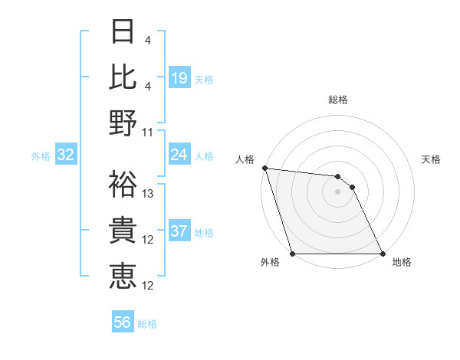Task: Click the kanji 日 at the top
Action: tap(122, 33)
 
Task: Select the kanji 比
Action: tap(122, 77)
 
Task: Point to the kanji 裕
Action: tap(122, 184)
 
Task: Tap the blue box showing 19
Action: tap(179, 78)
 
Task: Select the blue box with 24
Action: tap(179, 155)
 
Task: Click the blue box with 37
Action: tap(179, 232)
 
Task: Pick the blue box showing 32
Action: tap(65, 155)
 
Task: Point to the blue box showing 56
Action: tap(123, 322)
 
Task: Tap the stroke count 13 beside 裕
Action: tap(149, 194)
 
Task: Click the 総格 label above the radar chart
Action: tap(338, 100)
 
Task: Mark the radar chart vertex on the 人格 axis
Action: tap(264, 168)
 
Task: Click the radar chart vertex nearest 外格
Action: tap(292, 254)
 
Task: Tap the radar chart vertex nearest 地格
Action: tap(383, 254)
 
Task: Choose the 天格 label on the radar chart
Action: tap(431, 159)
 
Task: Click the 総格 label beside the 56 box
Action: tap(147, 324)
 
